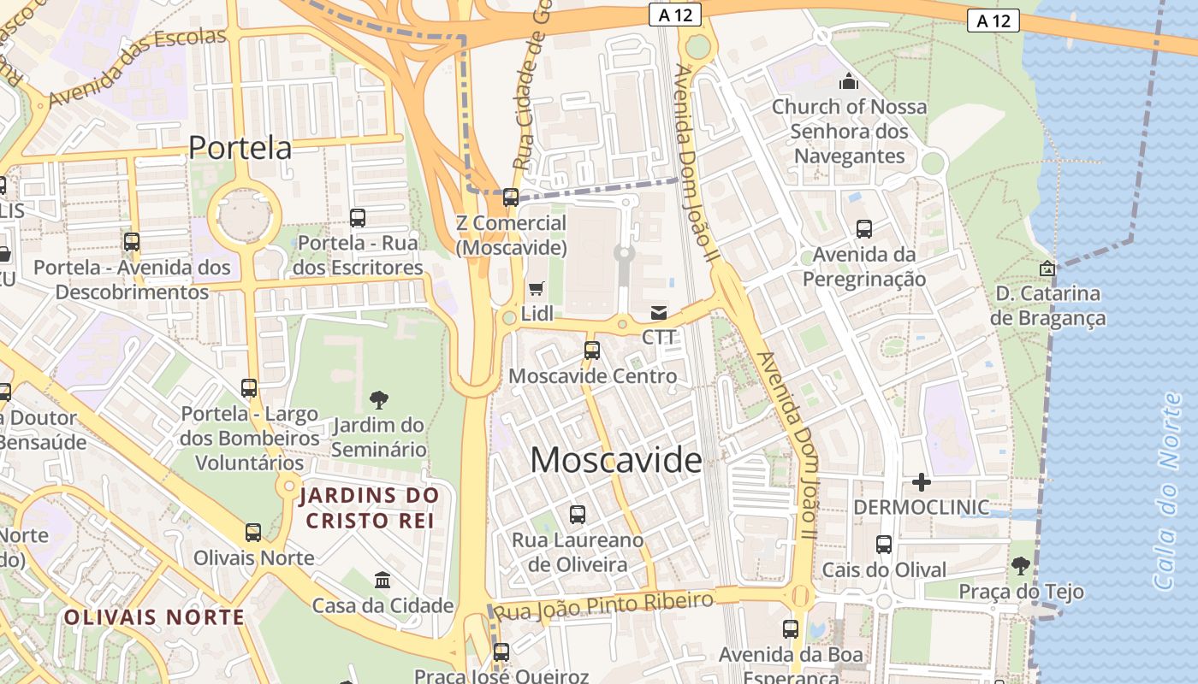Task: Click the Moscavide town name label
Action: point(616,460)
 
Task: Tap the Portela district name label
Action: point(240,148)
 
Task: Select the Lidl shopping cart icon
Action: point(537,289)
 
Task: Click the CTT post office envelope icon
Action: point(659,313)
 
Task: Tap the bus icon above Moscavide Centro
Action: point(591,350)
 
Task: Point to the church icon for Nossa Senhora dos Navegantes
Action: point(849,81)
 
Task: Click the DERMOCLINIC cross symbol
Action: point(921,482)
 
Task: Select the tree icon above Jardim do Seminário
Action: point(378,399)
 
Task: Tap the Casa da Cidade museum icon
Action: point(383,581)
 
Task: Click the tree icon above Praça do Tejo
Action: point(1020,565)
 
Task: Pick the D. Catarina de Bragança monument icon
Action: point(1047,268)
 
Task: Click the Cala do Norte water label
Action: point(1171,492)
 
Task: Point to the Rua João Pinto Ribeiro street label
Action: point(604,606)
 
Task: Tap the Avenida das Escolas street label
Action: point(137,67)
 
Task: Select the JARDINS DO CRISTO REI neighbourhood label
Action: point(369,507)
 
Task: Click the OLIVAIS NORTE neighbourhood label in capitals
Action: point(154,617)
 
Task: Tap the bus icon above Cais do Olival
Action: point(884,545)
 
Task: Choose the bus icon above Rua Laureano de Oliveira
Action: point(578,515)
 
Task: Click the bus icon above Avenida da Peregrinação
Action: point(864,229)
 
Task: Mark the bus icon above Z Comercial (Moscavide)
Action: point(511,198)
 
